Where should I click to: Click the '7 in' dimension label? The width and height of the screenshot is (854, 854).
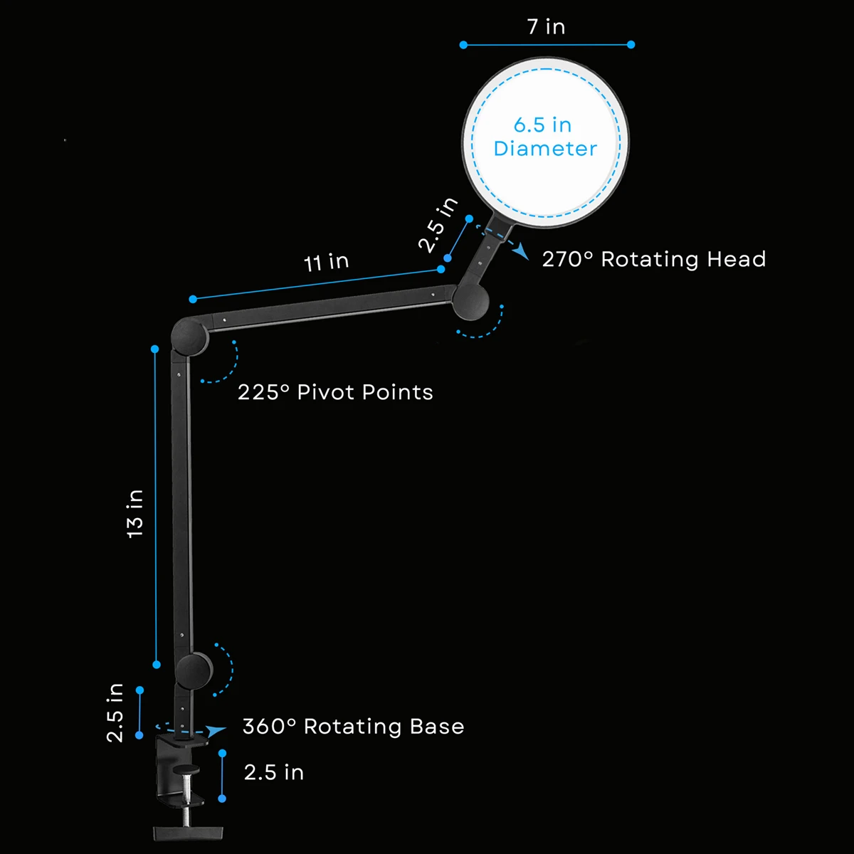(x=546, y=26)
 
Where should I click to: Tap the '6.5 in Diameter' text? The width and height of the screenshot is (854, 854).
(x=545, y=137)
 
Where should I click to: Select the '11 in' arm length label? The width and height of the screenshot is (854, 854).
(x=326, y=263)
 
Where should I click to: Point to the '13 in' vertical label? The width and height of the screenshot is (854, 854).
(x=135, y=514)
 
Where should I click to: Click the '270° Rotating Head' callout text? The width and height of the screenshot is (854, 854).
(x=654, y=259)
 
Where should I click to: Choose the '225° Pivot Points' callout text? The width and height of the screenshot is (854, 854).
(x=335, y=392)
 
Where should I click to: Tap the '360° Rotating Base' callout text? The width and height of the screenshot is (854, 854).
(x=353, y=727)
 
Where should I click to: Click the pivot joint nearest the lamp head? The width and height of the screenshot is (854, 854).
(x=470, y=302)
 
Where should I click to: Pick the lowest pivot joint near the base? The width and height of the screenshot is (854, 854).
(x=194, y=671)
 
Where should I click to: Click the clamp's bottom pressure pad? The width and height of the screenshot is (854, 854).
(x=188, y=833)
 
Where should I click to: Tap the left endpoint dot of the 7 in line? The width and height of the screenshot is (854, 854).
(x=463, y=45)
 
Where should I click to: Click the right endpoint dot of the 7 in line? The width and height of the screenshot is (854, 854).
(x=631, y=44)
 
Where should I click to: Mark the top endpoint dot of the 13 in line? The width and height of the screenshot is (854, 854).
(x=154, y=349)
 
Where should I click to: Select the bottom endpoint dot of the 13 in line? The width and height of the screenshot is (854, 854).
(x=157, y=665)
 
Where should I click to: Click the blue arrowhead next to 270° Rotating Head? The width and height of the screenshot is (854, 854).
(x=521, y=251)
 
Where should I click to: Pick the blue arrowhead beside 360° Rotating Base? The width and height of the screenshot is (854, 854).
(x=216, y=730)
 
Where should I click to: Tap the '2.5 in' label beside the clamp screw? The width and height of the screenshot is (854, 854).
(x=274, y=772)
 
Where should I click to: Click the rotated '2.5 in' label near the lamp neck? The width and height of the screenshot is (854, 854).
(x=438, y=225)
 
